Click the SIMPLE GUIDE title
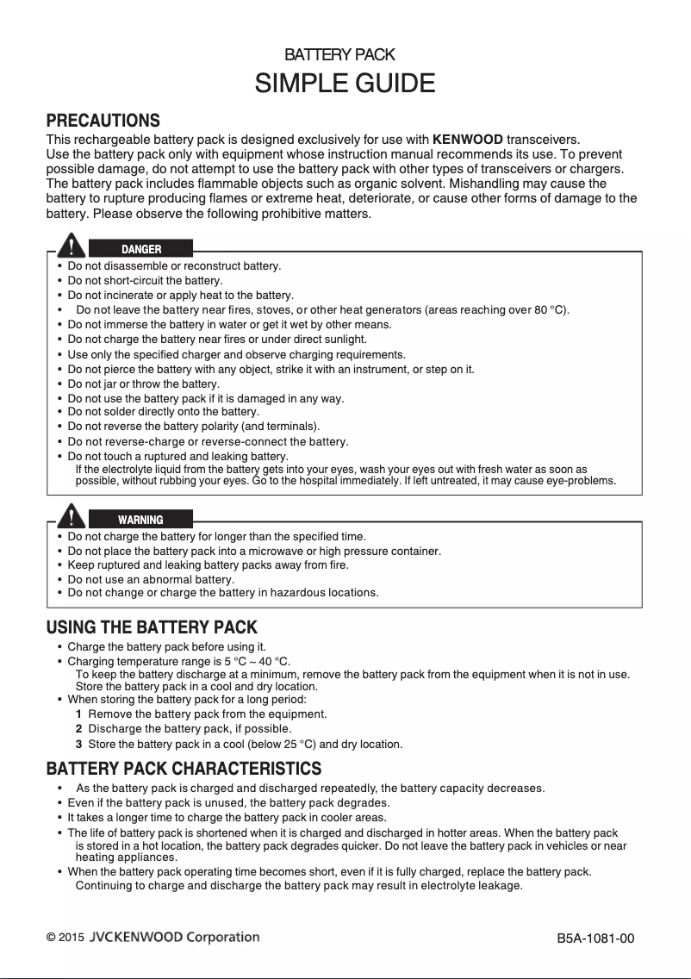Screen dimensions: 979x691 tap(345, 84)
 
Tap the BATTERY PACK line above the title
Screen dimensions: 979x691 tap(339, 55)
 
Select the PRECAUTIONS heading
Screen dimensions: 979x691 tap(103, 120)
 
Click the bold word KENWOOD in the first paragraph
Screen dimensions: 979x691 tap(467, 140)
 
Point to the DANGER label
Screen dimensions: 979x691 tap(140, 249)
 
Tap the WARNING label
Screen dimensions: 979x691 tap(140, 520)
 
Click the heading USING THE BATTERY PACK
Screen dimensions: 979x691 tap(152, 627)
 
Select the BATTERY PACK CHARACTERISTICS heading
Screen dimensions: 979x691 tap(184, 768)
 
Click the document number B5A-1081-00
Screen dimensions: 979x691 tap(595, 938)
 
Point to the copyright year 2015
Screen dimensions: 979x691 tap(72, 938)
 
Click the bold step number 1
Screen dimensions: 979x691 tap(78, 714)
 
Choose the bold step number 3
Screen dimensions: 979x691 tap(78, 744)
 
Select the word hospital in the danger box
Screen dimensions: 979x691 tap(318, 481)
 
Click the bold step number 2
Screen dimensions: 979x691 tap(78, 729)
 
